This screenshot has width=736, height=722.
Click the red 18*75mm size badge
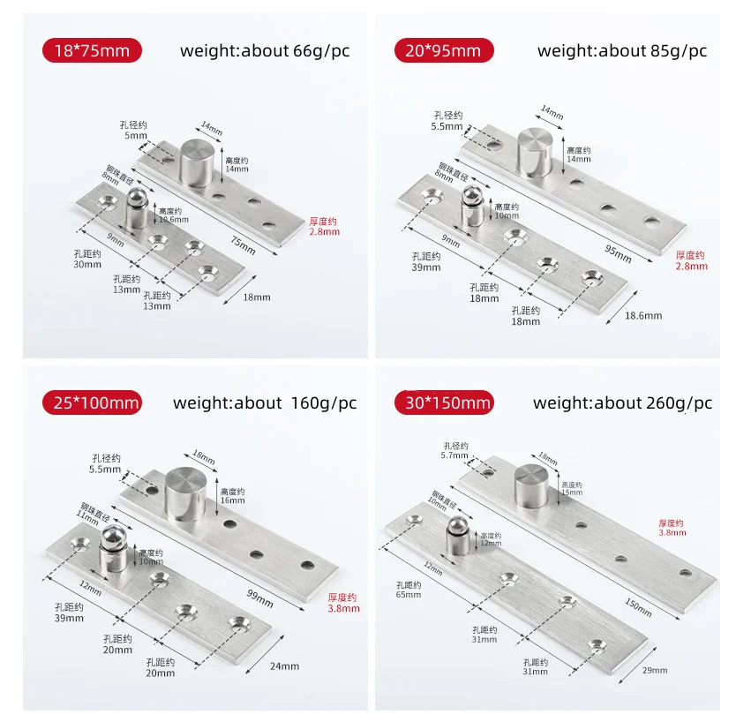(92, 50)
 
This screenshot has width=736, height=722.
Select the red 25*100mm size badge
(92, 403)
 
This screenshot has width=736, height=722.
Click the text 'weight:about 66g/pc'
(265, 50)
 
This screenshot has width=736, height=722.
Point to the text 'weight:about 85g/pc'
(622, 50)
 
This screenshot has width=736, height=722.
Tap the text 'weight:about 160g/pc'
(265, 403)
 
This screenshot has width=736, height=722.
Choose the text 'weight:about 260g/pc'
(622, 403)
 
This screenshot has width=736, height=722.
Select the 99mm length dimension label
(260, 599)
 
